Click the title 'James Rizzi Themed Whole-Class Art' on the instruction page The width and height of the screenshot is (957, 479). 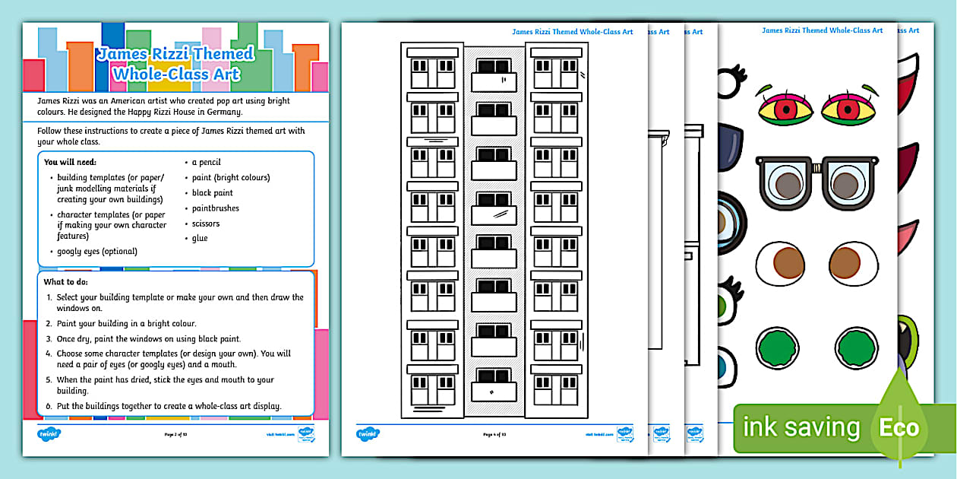pyautogui.click(x=175, y=64)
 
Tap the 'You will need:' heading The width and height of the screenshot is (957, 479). pyautogui.click(x=70, y=162)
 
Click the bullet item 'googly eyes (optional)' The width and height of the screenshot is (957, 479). pyautogui.click(x=97, y=251)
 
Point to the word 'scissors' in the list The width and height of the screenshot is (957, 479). pyautogui.click(x=205, y=224)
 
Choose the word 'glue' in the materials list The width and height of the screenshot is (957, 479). pyautogui.click(x=199, y=238)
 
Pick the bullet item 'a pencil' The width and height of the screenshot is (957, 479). pyautogui.click(x=206, y=163)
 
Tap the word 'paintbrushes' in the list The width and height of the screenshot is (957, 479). pyautogui.click(x=215, y=208)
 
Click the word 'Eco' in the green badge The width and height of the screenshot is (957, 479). pyautogui.click(x=899, y=427)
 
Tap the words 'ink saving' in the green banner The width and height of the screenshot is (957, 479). pyautogui.click(x=801, y=427)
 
